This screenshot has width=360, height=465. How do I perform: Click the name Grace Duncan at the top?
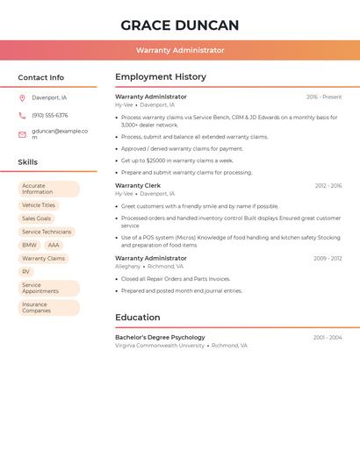pyautogui.click(x=180, y=25)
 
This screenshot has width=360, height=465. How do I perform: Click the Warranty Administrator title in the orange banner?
pyautogui.click(x=180, y=50)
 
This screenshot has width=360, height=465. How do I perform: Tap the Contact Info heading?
pyautogui.click(x=41, y=77)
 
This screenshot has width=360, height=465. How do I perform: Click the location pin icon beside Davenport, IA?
pyautogui.click(x=22, y=97)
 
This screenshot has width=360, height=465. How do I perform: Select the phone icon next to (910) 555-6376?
pyautogui.click(x=22, y=116)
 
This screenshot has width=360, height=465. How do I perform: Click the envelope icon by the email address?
pyautogui.click(x=22, y=134)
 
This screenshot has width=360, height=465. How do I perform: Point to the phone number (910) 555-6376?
pyautogui.click(x=50, y=116)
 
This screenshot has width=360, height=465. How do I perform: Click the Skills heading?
pyautogui.click(x=28, y=162)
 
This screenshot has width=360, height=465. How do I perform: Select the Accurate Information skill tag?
pyautogui.click(x=49, y=189)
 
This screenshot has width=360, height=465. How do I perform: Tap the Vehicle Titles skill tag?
pyautogui.click(x=39, y=205)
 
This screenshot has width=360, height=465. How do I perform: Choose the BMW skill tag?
pyautogui.click(x=30, y=245)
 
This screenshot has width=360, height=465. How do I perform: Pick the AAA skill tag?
pyautogui.click(x=54, y=245)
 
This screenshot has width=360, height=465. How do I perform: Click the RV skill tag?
pyautogui.click(x=26, y=271)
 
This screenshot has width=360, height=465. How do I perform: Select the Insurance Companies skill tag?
pyautogui.click(x=49, y=308)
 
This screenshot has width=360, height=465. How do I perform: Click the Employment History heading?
pyautogui.click(x=161, y=77)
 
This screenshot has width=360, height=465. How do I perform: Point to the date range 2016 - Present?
pyautogui.click(x=324, y=97)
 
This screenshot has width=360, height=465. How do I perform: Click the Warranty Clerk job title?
pyautogui.click(x=138, y=186)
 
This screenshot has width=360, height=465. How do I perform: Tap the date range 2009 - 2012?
pyautogui.click(x=328, y=259)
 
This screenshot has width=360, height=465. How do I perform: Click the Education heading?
pyautogui.click(x=138, y=318)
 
